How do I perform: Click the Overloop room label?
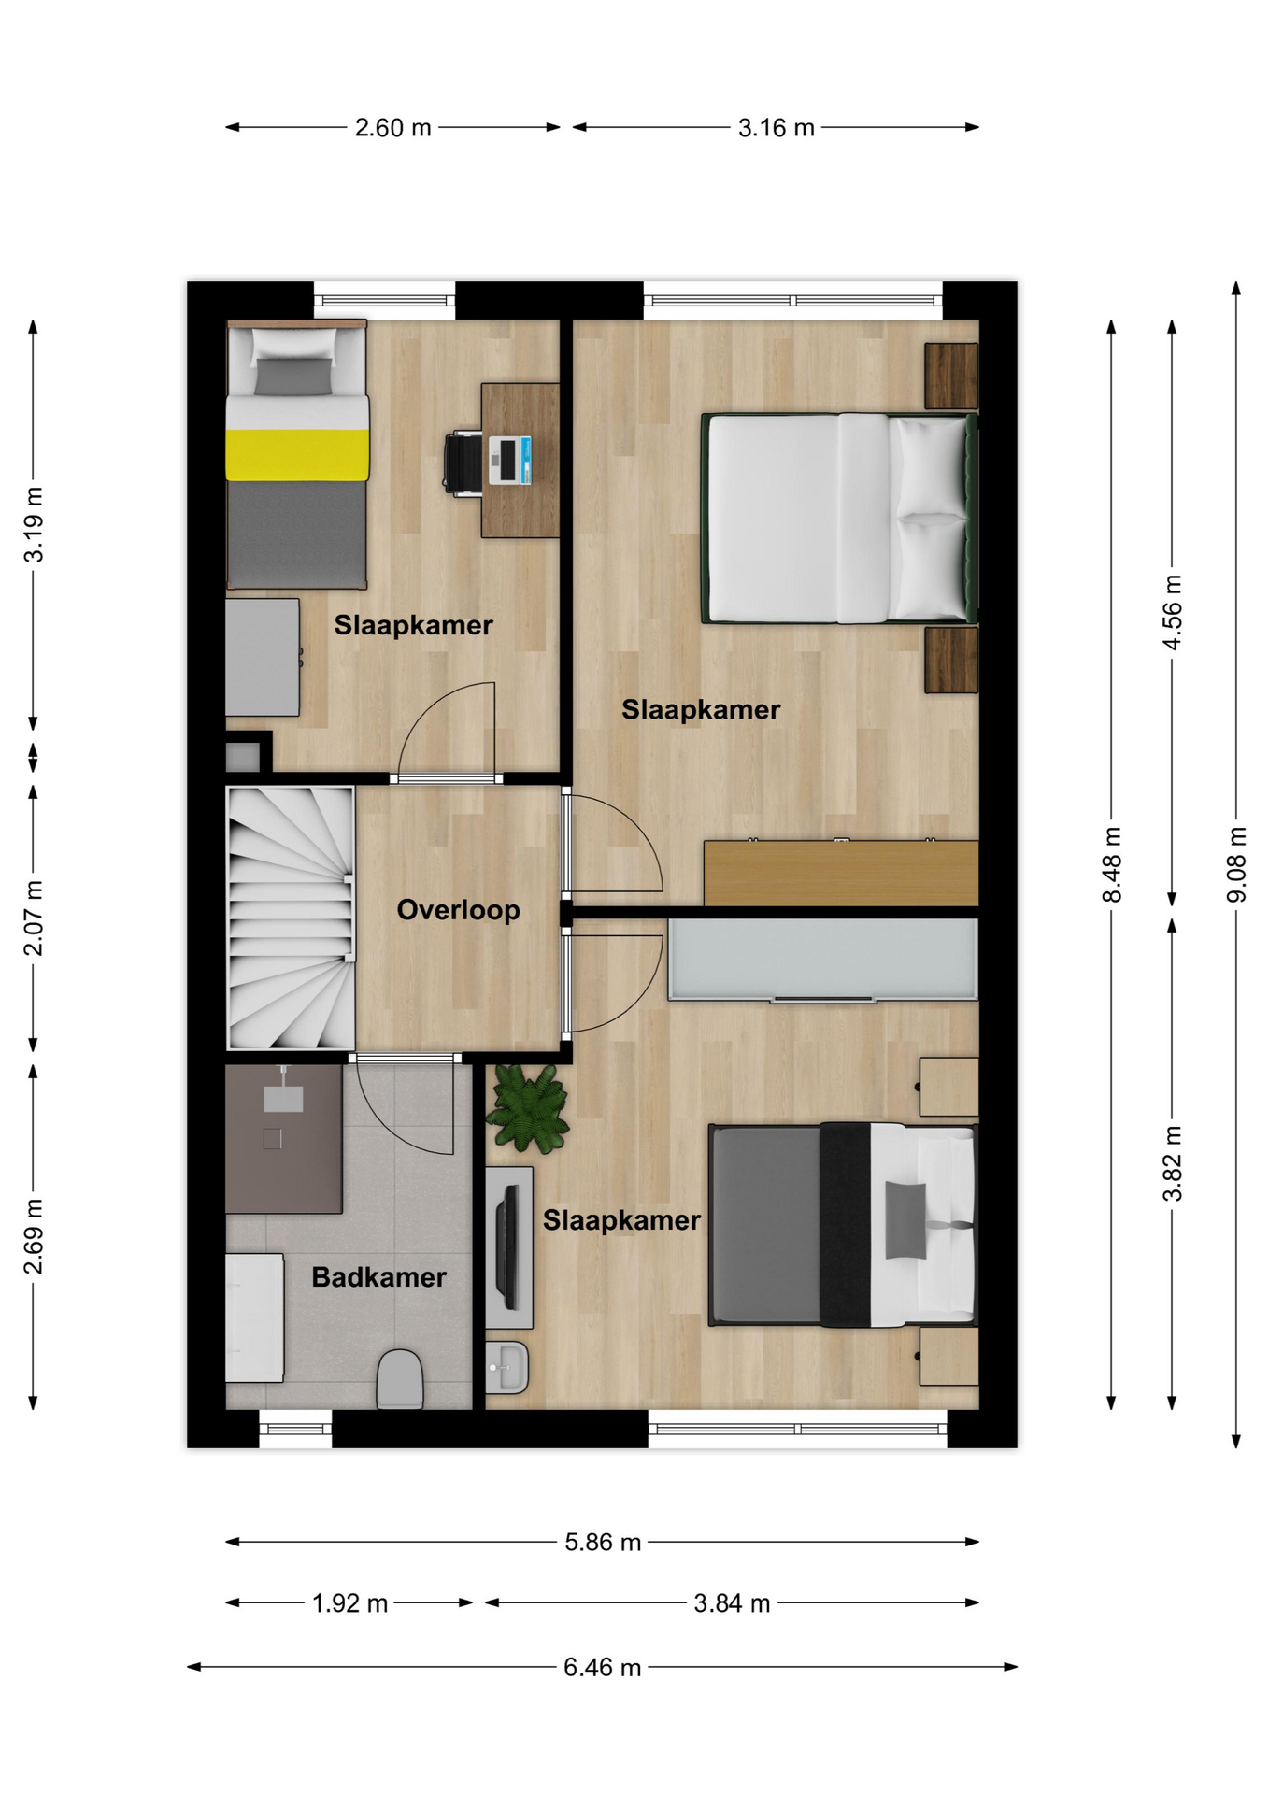tap(458, 910)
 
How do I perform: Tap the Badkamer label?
tap(378, 1277)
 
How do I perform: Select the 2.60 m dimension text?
tap(392, 128)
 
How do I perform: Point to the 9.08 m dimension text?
tap(1236, 864)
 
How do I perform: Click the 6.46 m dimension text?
tap(602, 1667)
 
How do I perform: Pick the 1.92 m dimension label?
tap(349, 1603)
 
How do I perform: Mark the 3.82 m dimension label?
tap(1172, 1163)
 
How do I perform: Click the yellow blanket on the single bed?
tap(297, 455)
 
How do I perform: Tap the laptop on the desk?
tap(510, 460)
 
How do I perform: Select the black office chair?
tap(463, 461)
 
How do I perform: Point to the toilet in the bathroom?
tap(400, 1379)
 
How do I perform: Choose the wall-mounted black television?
tap(508, 1247)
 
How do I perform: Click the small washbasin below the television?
tap(506, 1368)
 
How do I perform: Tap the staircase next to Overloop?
tap(291, 918)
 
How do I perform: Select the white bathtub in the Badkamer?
tap(254, 1317)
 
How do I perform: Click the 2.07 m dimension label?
tap(33, 918)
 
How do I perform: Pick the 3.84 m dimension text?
tap(732, 1603)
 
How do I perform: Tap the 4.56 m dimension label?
tap(1172, 612)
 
